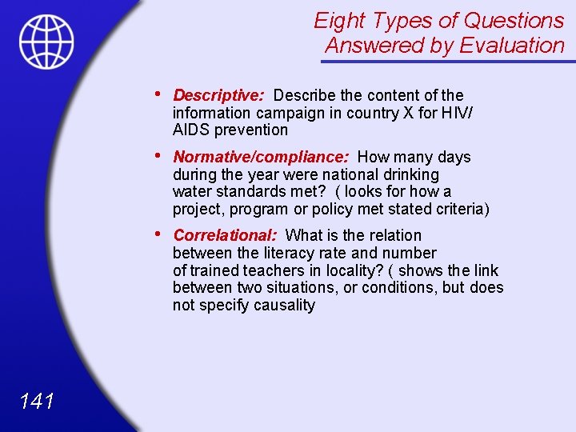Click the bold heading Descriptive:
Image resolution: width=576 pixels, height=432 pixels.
click(218, 96)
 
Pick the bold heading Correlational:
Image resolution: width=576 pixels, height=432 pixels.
click(225, 235)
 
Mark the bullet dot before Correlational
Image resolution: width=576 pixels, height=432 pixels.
click(162, 234)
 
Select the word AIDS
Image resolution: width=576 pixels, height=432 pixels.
click(190, 130)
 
